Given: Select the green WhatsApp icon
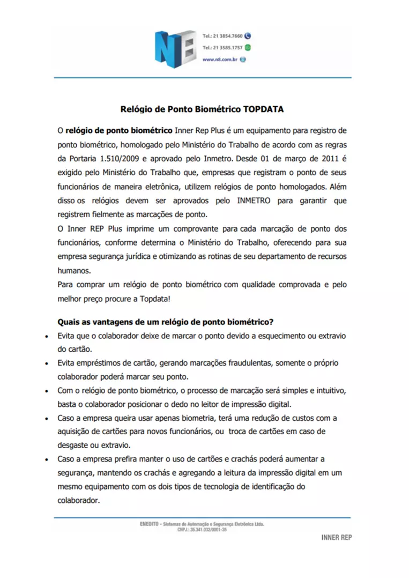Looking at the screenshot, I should (247, 48).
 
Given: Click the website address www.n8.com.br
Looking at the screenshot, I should (220, 60).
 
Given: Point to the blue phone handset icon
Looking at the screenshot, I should (247, 36).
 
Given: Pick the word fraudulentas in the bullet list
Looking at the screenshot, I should (250, 363).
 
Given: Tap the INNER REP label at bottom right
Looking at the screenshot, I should (337, 537).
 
